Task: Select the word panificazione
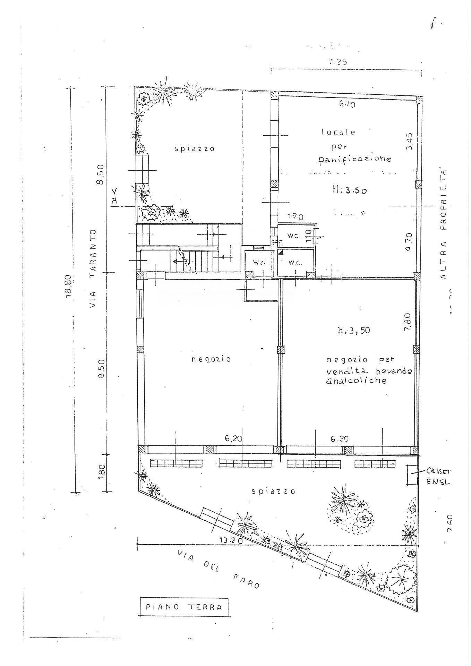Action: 355,159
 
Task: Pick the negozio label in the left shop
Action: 211,359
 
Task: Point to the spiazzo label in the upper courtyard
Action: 194,149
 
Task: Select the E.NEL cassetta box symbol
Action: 412,475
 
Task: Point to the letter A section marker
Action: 115,200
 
